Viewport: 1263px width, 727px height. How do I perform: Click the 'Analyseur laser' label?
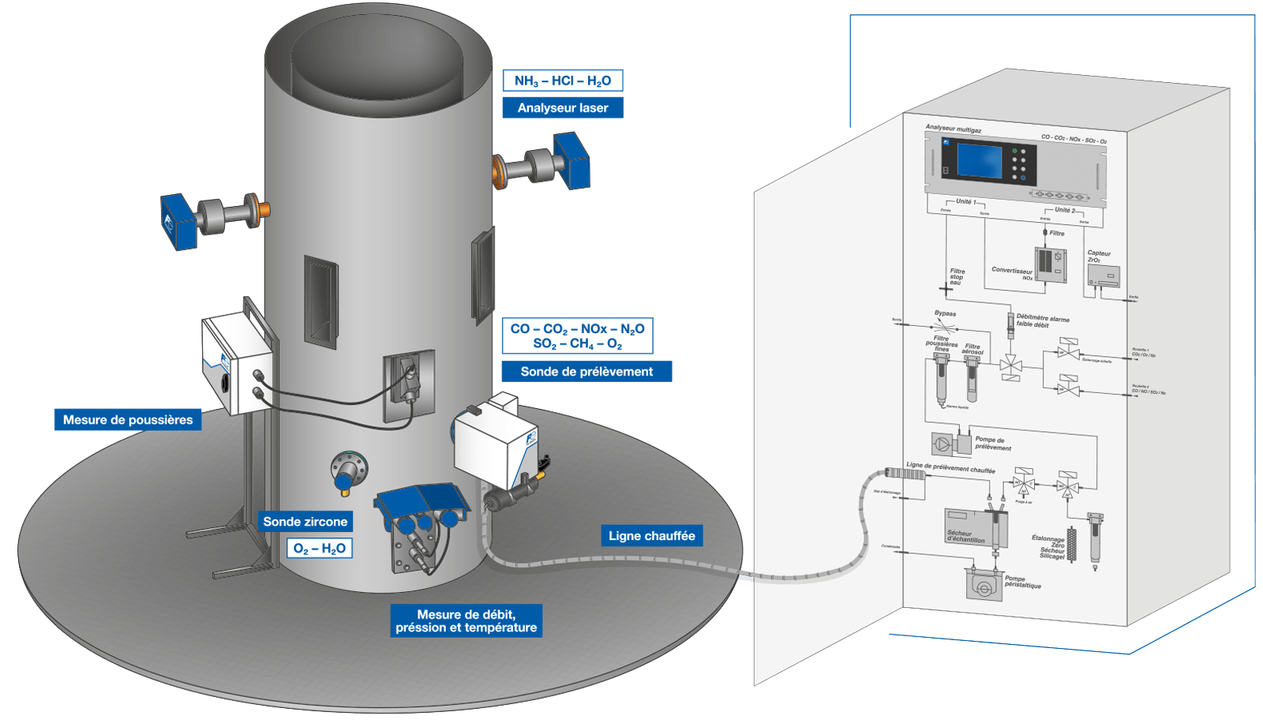[563, 107]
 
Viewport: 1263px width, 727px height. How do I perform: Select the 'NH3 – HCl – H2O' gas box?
[563, 81]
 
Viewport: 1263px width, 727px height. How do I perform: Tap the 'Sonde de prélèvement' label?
[587, 371]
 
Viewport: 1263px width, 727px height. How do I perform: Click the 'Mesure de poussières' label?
[128, 419]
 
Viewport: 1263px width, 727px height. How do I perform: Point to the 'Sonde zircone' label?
[305, 521]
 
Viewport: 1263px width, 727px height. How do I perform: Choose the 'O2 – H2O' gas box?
[319, 548]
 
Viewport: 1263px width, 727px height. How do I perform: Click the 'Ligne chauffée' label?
[651, 535]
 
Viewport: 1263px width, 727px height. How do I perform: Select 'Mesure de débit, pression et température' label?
[466, 620]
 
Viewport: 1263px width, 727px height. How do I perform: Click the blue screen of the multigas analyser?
[979, 160]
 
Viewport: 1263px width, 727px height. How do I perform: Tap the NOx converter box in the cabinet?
[1050, 264]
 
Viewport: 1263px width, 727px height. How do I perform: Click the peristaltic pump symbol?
[984, 586]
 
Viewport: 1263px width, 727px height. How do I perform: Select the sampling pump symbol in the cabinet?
[943, 444]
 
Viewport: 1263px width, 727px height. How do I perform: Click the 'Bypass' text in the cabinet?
[945, 313]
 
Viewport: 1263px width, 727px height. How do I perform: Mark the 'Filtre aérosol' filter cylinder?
[972, 379]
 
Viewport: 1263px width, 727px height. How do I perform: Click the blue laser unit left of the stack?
[178, 221]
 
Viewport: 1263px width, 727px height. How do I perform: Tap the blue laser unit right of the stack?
[572, 160]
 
